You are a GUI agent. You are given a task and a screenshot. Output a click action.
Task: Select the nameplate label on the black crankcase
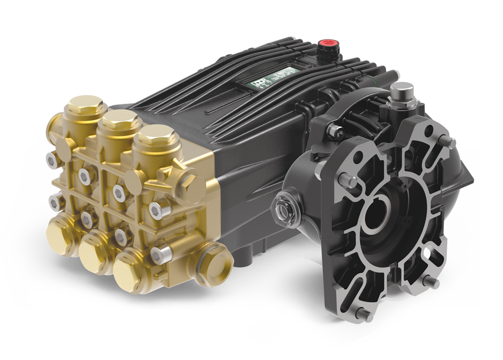click(x=272, y=80)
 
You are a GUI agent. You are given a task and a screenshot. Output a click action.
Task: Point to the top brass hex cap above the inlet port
click(x=85, y=108)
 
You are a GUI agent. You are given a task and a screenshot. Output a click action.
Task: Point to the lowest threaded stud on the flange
click(x=363, y=315)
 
